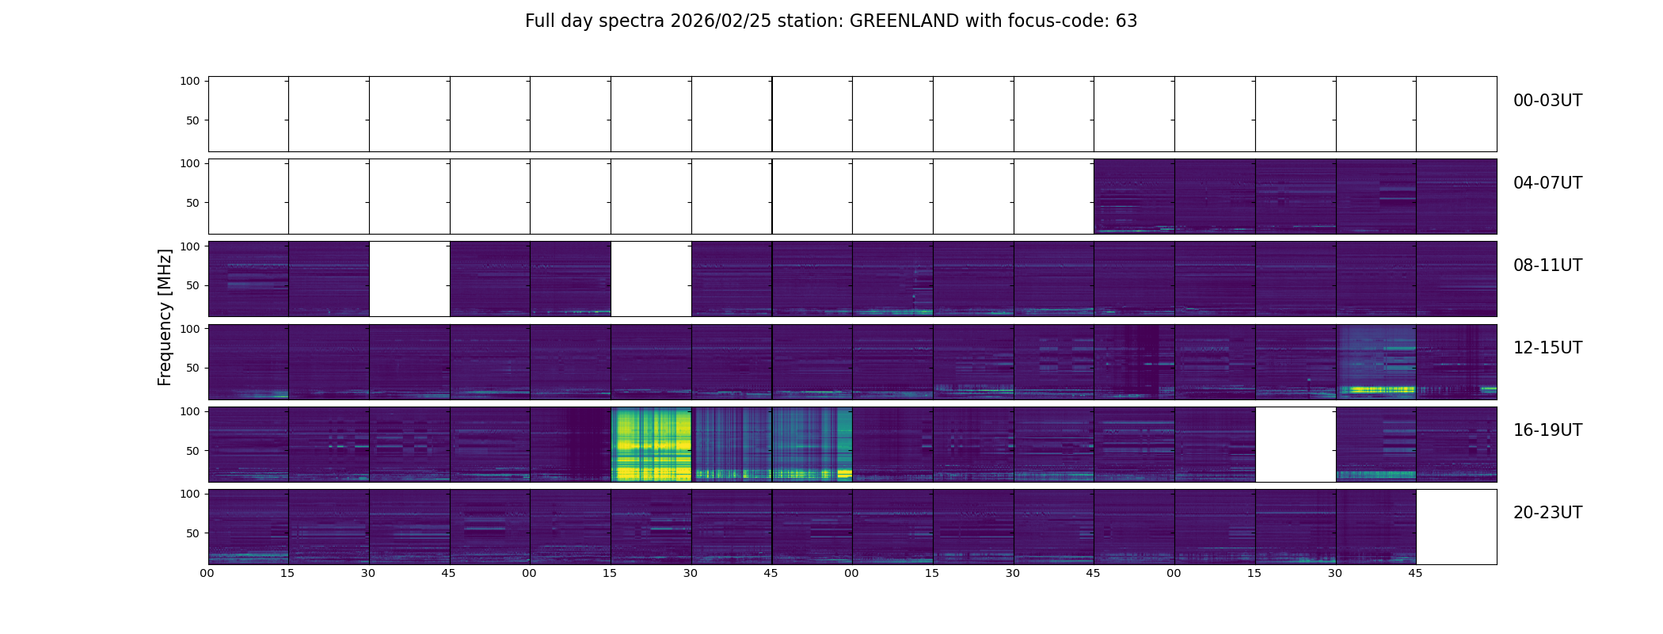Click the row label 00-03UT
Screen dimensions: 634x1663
point(1547,101)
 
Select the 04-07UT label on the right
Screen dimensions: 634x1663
point(1547,183)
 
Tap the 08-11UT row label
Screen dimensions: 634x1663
point(1547,265)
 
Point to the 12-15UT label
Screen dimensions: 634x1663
point(1547,348)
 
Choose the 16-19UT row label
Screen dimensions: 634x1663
point(1547,430)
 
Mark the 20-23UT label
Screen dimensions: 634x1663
point(1547,513)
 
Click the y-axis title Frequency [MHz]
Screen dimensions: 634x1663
point(165,317)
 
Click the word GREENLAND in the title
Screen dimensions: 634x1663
point(904,21)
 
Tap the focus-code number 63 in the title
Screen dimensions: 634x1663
point(1126,21)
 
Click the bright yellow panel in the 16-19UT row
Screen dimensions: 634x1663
point(651,445)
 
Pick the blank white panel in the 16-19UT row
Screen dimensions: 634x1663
point(1296,445)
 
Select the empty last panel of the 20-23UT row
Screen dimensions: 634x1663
point(1456,527)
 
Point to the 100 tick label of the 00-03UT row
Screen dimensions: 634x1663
point(190,81)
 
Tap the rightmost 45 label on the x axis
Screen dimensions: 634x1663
point(1415,573)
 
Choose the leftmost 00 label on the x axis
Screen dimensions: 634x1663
point(207,573)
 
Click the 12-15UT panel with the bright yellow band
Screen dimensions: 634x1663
point(1376,362)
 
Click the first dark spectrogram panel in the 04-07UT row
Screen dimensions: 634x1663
point(1134,197)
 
